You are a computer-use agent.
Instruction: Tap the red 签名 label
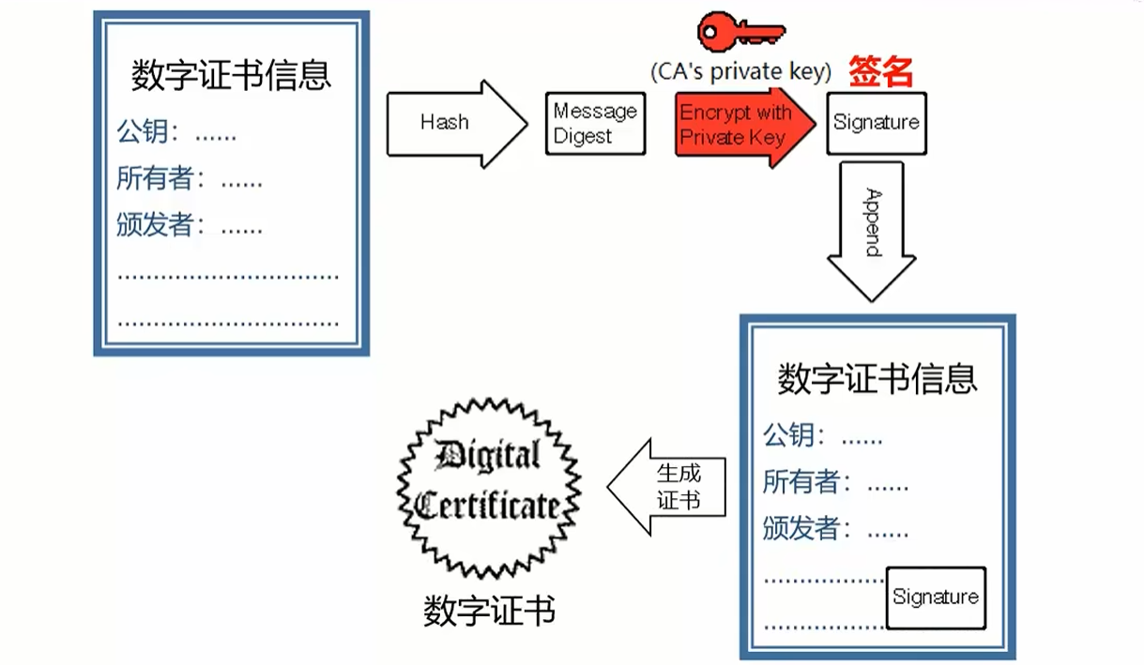point(880,71)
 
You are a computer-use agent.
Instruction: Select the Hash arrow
point(454,123)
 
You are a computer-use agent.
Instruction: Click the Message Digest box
point(595,123)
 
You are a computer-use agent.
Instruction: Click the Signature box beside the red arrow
point(876,123)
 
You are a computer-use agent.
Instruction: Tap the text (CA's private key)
point(740,71)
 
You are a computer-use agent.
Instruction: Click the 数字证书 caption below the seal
point(489,611)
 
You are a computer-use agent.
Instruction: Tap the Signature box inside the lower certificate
point(935,597)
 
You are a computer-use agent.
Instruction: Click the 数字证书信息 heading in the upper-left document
point(231,75)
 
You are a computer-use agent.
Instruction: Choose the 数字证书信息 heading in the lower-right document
point(877,379)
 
